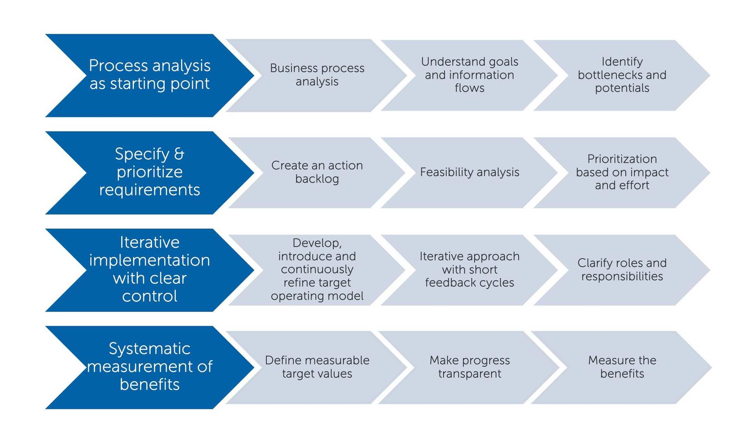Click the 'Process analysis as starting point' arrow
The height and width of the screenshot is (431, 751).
(150, 75)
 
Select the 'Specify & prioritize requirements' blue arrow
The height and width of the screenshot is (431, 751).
(150, 172)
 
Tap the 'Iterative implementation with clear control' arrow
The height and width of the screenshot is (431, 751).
(150, 270)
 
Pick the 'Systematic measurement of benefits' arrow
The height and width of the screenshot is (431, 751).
(150, 367)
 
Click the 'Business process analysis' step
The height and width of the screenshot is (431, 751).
(317, 75)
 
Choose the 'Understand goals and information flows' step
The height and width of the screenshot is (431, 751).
(469, 75)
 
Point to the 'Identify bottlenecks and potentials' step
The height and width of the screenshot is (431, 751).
(622, 75)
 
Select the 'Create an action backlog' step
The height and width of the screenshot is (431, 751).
(317, 172)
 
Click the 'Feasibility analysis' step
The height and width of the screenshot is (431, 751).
(469, 172)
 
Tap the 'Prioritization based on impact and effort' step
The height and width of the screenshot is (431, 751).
(622, 172)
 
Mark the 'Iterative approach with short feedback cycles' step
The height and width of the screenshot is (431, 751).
(469, 270)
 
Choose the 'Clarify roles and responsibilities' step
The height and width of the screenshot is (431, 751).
(622, 270)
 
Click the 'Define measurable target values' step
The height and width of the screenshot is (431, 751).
(317, 367)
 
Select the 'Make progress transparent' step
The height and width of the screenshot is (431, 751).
(469, 367)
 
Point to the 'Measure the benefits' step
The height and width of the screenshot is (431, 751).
(622, 367)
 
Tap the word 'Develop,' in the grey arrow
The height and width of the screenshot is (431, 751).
(317, 243)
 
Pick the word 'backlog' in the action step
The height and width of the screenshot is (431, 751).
(317, 179)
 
